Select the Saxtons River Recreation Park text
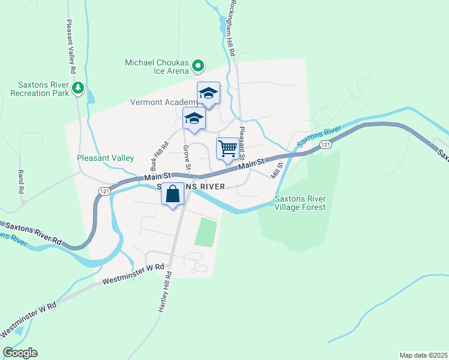pos(37,89)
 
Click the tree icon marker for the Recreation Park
pos(77,89)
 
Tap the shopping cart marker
pos(228,149)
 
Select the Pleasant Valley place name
pos(105,158)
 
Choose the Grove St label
pos(187,156)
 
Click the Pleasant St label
pos(243,139)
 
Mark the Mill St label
pos(277,169)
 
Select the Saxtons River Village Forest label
pos(300,203)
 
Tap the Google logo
pos(20,353)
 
